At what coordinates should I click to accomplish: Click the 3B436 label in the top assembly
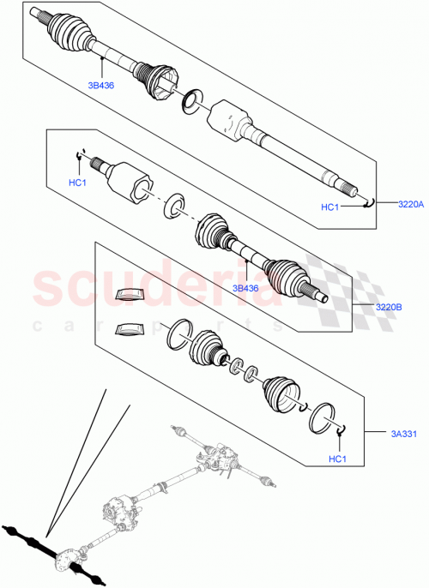coord(100,86)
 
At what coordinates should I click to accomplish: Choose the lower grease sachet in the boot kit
coord(130,329)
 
